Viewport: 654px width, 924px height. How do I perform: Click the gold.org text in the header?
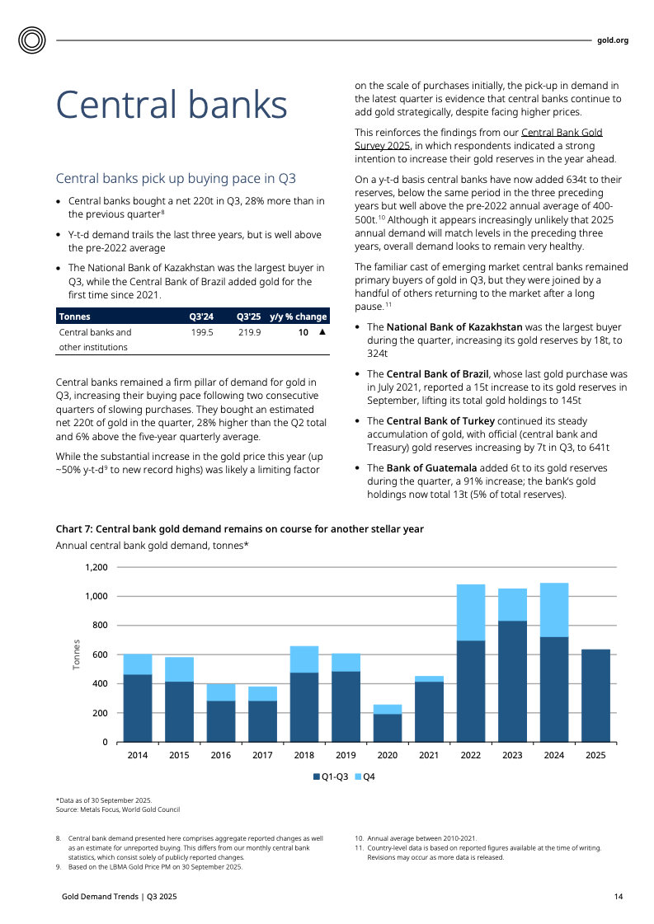612,40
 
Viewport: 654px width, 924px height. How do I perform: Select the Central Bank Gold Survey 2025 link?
478,138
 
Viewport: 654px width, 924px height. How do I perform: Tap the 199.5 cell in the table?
202,332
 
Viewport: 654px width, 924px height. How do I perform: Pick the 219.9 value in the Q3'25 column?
249,332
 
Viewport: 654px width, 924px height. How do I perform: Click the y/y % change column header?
298,317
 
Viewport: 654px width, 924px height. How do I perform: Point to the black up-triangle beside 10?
322,332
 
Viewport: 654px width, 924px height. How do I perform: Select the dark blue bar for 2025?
595,695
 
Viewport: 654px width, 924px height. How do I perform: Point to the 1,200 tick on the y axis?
96,567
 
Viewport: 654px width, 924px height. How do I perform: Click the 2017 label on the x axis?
262,754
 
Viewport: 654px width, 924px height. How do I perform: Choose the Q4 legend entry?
365,776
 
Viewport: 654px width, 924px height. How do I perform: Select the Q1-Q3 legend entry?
331,776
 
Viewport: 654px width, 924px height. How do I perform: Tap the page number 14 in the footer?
618,896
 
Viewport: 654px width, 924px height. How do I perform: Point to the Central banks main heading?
171,106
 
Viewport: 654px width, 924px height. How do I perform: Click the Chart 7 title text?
239,529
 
